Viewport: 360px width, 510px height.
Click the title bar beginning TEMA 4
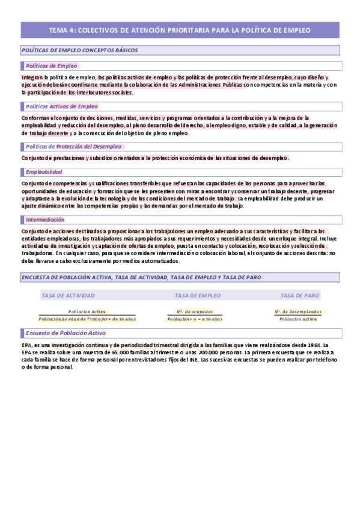(x=180, y=29)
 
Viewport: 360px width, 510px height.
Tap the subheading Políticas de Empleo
(x=51, y=66)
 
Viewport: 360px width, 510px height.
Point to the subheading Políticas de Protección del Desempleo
(x=73, y=146)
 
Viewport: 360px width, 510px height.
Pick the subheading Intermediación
(x=46, y=220)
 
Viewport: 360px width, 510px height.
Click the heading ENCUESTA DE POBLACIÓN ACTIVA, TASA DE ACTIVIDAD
(x=141, y=277)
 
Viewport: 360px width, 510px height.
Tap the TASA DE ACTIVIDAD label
(x=68, y=295)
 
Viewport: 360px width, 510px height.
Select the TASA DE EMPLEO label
(x=197, y=295)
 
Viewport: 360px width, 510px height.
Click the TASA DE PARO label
(x=300, y=295)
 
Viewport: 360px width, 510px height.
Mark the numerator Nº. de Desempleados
(x=298, y=312)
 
